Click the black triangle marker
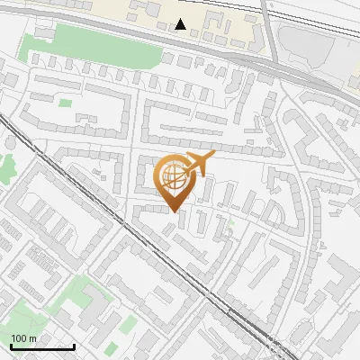click(182, 24)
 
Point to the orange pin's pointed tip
click(174, 211)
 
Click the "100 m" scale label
click(24, 338)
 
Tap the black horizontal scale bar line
click(42, 346)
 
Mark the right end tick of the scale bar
click(74, 345)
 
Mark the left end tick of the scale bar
click(11, 345)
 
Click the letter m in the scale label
click(32, 338)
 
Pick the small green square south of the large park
click(65, 103)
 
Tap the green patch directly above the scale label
click(22, 315)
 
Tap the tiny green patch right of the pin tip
click(230, 220)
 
